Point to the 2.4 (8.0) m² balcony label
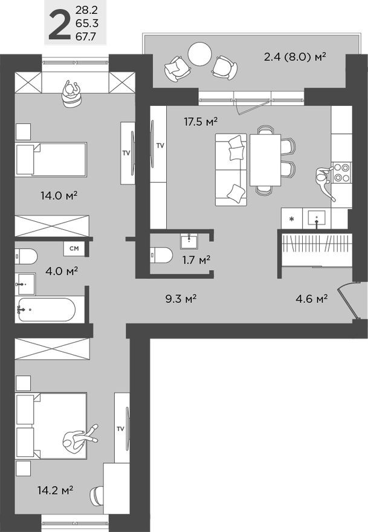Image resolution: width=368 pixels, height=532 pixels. tap(295, 57)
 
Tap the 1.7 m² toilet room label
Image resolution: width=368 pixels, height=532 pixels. tap(196, 260)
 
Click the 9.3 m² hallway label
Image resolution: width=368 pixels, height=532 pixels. tap(181, 298)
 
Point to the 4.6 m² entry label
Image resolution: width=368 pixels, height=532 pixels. tap(311, 298)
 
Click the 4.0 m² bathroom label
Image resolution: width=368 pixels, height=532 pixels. tap(62, 271)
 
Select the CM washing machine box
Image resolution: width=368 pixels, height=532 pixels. tap(73, 248)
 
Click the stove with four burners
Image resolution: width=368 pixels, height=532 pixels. tap(343, 172)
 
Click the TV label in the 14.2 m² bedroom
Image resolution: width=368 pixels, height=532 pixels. tap(120, 429)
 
